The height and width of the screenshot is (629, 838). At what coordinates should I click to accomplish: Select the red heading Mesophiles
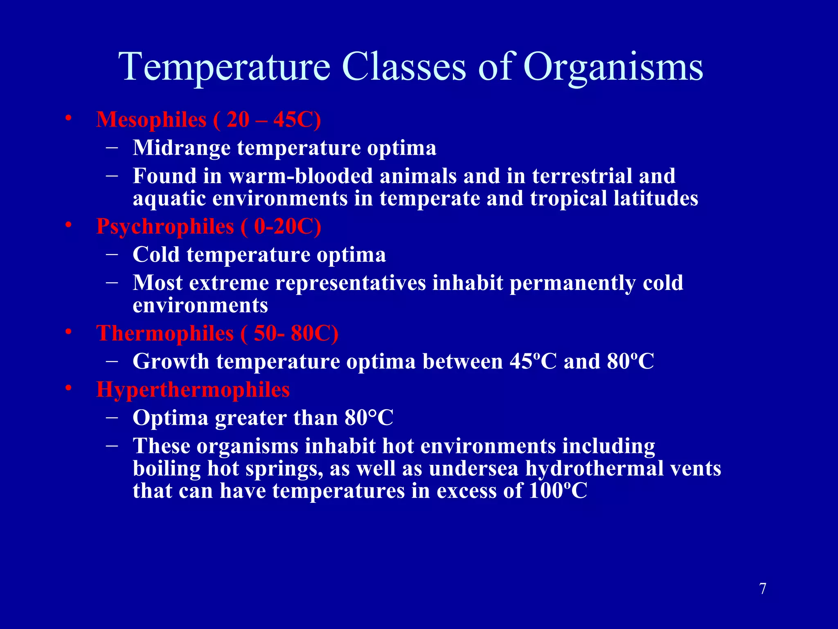pyautogui.click(x=151, y=120)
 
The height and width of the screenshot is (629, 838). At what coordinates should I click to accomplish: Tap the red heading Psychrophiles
pyautogui.click(x=165, y=227)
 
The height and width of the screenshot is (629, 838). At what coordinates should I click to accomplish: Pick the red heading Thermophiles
pyautogui.click(x=165, y=333)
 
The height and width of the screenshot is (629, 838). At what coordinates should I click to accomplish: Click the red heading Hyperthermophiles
pyautogui.click(x=193, y=389)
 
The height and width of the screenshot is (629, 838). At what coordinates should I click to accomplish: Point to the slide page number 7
pyautogui.click(x=763, y=589)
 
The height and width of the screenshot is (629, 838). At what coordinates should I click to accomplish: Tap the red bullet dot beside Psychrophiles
pyautogui.click(x=68, y=225)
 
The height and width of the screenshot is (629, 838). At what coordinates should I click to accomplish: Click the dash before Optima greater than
pyautogui.click(x=112, y=417)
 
